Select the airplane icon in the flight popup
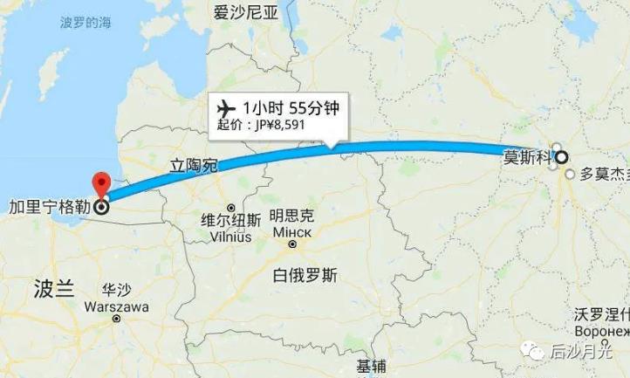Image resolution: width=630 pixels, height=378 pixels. [224, 108]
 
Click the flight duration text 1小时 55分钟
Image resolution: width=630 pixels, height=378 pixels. [291, 108]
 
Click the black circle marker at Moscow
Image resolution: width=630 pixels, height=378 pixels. [561, 157]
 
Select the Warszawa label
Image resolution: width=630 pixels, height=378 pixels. [117, 307]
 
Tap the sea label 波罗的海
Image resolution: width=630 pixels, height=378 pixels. [86, 22]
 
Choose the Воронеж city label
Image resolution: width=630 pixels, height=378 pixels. [602, 333]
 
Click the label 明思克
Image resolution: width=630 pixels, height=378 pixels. [292, 216]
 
